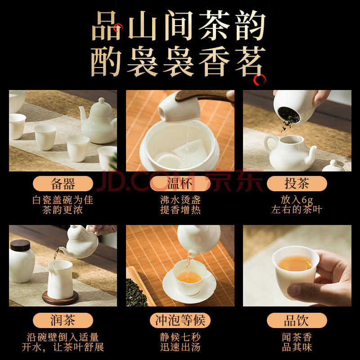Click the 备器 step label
click(x=63, y=184)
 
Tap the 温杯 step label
click(x=180, y=184)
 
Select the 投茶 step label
click(x=297, y=184)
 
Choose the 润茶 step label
click(x=63, y=320)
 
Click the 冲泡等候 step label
click(x=180, y=320)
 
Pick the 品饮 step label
click(x=297, y=320)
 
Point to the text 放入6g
click(x=297, y=200)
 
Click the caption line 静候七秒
click(x=180, y=337)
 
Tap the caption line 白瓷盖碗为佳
click(x=63, y=200)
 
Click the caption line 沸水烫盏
click(x=180, y=200)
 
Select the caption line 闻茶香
click(x=297, y=337)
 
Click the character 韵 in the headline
click(x=250, y=25)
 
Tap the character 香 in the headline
click(x=215, y=61)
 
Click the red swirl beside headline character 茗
click(x=260, y=80)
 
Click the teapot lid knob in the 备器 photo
click(x=101, y=100)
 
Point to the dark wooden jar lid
click(x=20, y=245)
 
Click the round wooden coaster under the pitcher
click(x=60, y=298)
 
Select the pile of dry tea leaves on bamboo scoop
click(x=137, y=293)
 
